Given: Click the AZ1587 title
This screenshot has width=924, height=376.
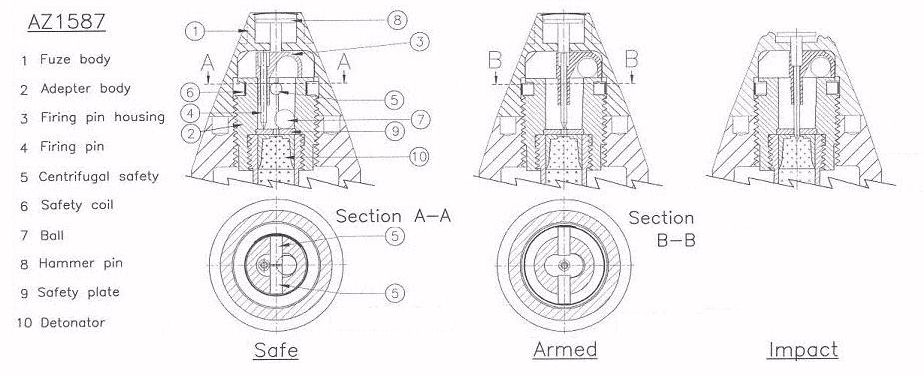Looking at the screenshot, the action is [67, 22].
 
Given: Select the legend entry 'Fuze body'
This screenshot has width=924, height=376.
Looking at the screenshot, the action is [75, 60].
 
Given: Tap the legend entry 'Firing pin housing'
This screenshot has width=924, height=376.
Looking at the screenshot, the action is [103, 117].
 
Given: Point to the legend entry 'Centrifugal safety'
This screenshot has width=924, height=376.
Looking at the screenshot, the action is [98, 176].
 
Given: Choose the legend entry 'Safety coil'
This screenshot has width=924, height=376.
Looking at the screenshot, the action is [77, 205].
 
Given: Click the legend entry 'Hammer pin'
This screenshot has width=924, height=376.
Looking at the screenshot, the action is [80, 263].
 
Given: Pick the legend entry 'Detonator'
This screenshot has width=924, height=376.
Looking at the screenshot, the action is [72, 322].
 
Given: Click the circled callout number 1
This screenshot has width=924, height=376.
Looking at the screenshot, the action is [195, 30].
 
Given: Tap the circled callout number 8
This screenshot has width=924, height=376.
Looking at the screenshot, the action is [398, 20].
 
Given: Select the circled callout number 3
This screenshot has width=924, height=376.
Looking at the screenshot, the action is [420, 42].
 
